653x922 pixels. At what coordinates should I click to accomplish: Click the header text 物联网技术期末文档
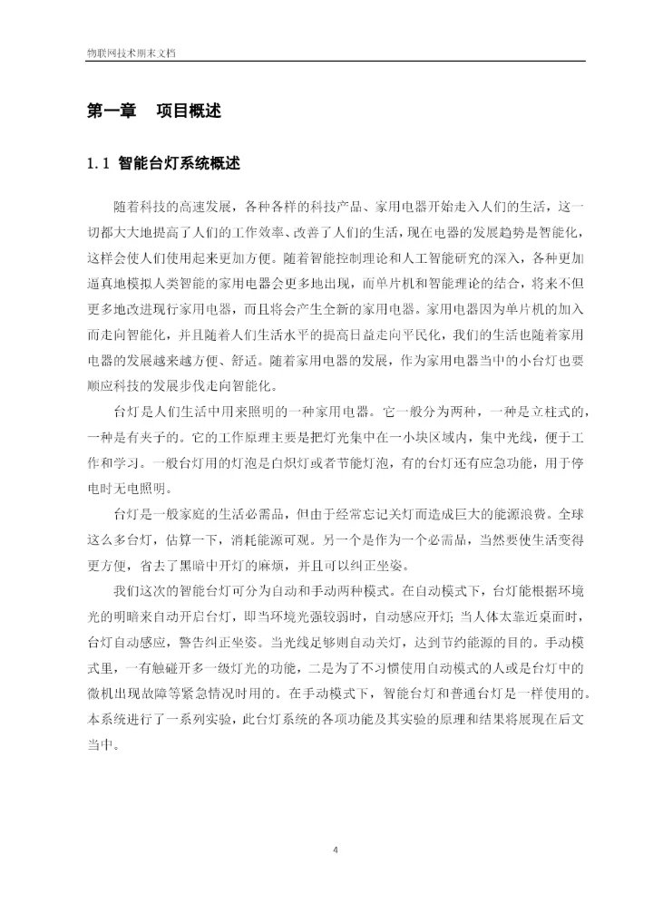(x=124, y=53)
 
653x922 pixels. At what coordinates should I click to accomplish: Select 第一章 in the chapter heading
(x=111, y=112)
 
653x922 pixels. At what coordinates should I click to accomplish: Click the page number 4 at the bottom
(x=336, y=849)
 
